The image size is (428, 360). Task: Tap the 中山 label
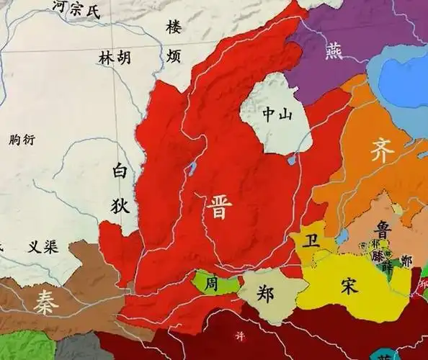point(277,114)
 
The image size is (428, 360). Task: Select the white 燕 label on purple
point(334,51)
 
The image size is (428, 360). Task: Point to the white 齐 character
point(383,152)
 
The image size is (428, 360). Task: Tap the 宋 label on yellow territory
point(352,284)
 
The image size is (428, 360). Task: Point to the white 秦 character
point(45,305)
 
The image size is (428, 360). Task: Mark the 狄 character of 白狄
point(120,204)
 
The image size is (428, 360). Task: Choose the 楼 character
point(174,27)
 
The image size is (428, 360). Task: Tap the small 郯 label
point(406,261)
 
